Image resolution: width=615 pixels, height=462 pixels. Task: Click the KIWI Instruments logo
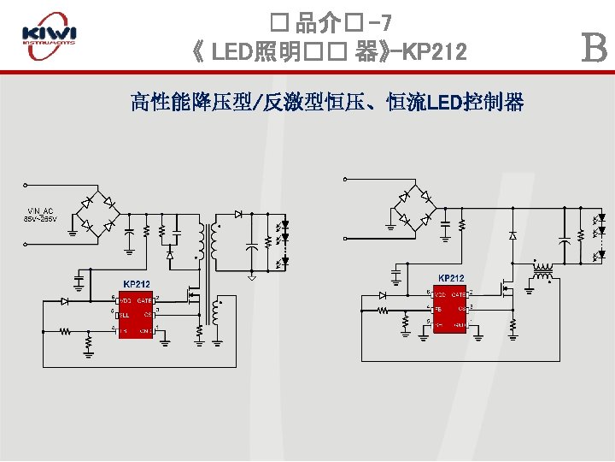pyautogui.click(x=49, y=36)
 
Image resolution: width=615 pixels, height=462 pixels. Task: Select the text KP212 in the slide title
pyautogui.click(x=434, y=53)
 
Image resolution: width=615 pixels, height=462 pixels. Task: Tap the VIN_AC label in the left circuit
pyautogui.click(x=40, y=210)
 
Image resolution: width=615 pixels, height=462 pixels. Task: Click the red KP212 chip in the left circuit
pyautogui.click(x=135, y=315)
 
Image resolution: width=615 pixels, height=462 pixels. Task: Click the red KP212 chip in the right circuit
pyautogui.click(x=449, y=309)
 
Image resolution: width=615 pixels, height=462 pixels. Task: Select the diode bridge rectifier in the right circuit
pyautogui.click(x=413, y=208)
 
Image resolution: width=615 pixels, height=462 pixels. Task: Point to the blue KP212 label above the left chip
pyautogui.click(x=137, y=284)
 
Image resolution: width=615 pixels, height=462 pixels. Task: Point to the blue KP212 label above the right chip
pyautogui.click(x=451, y=278)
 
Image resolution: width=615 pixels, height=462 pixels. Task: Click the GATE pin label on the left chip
pyautogui.click(x=144, y=300)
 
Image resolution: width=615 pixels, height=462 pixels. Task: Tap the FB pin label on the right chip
pyautogui.click(x=438, y=309)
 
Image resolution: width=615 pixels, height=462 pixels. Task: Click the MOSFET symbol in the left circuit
pyautogui.click(x=194, y=298)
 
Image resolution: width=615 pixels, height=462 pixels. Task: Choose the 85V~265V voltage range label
pyautogui.click(x=40, y=219)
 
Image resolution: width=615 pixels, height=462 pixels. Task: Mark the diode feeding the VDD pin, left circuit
pyautogui.click(x=65, y=301)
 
